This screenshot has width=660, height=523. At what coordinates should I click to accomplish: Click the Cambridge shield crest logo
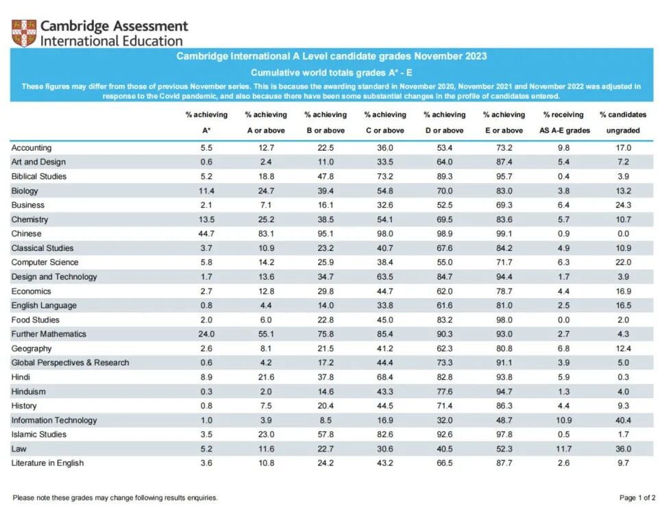point(23,32)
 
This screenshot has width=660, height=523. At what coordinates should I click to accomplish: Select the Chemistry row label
point(29,219)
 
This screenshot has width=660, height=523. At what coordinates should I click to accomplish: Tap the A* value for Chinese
point(206,234)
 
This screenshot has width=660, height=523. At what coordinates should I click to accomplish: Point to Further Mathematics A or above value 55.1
point(265,335)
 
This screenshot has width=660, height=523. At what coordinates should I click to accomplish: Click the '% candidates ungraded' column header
point(623,122)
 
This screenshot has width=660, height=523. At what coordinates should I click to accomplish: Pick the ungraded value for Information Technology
point(623,420)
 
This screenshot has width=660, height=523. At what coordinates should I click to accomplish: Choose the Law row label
point(19,449)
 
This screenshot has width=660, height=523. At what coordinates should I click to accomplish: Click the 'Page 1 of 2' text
point(637,498)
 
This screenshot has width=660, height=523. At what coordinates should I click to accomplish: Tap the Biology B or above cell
point(325,191)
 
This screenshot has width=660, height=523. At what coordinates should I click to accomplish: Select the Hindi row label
point(21,377)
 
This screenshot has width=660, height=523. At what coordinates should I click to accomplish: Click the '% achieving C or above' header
point(384,122)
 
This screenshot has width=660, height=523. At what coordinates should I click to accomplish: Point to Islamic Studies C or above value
point(384,435)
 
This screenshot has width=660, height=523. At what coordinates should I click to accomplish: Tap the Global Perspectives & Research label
point(70,363)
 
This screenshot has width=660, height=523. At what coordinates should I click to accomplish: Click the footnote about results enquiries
point(115,498)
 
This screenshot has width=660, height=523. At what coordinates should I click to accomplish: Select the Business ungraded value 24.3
point(623,205)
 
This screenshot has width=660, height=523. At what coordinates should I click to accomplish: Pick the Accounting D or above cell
point(444,147)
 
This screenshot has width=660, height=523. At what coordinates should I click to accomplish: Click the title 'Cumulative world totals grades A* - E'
point(331,73)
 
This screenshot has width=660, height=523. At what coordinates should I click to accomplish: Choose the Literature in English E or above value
point(504,463)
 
